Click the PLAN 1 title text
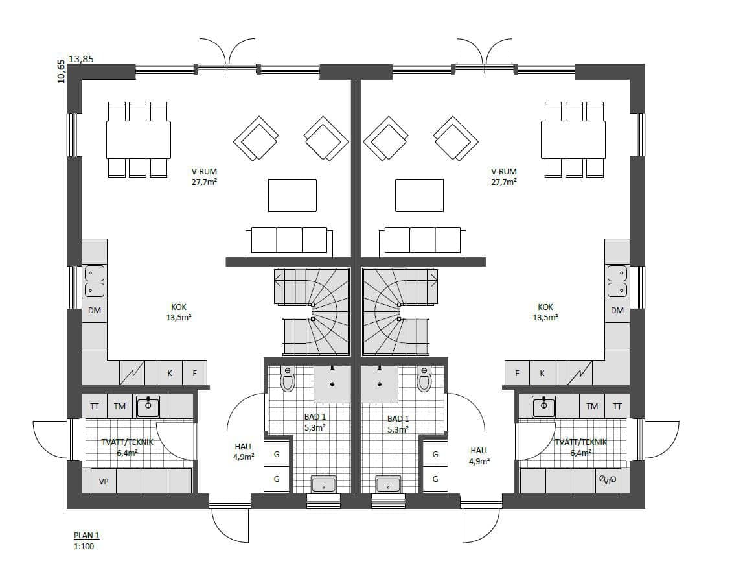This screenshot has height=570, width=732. tap(86, 536)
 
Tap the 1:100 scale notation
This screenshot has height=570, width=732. tap(84, 546)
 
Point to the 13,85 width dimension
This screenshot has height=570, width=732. tap(81, 59)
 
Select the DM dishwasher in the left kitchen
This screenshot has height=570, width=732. tap(95, 310)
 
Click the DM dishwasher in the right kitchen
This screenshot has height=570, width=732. tap(617, 310)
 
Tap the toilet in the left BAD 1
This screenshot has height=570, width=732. tap(288, 379)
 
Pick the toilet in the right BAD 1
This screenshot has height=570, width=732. tap(424, 379)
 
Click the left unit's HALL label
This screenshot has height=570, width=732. tap(244, 451)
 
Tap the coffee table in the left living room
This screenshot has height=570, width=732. tap(292, 195)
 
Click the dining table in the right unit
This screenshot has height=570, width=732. tap(573, 139)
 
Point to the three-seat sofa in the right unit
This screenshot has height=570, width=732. tap(422, 241)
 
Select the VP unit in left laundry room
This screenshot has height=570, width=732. tap(104, 481)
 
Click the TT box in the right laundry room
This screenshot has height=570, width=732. tap(617, 407)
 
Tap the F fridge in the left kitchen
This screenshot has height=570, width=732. tap(195, 373)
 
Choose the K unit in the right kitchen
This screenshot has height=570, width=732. tap(542, 373)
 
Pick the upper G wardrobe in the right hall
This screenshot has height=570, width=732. tap(435, 454)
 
